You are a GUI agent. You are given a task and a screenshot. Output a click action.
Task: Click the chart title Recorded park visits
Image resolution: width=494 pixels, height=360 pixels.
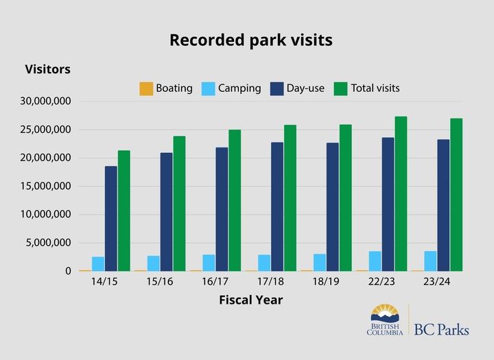click(x=250, y=40)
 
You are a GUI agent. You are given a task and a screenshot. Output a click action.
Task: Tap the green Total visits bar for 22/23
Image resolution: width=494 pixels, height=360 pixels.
click(x=401, y=193)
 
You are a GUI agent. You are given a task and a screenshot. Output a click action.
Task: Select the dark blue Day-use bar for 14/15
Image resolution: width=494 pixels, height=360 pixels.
click(x=110, y=218)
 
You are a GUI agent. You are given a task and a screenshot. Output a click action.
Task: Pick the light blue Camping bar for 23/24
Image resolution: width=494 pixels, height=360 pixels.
click(x=430, y=261)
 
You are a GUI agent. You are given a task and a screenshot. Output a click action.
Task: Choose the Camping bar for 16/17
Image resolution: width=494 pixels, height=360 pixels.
click(x=209, y=263)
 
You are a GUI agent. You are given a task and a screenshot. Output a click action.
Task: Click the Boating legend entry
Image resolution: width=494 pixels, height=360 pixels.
click(x=165, y=88)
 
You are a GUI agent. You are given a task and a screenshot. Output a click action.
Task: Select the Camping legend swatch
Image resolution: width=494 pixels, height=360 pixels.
click(x=209, y=88)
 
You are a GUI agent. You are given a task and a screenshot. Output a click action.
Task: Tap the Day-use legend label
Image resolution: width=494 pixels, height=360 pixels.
click(x=305, y=88)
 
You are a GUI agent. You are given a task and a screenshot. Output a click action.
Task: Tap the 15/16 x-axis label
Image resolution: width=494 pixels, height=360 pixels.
click(x=160, y=282)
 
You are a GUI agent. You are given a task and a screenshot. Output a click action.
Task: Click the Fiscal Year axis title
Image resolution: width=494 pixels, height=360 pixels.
click(x=250, y=300)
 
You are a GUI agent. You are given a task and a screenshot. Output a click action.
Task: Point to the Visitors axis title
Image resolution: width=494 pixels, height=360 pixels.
click(x=47, y=69)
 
